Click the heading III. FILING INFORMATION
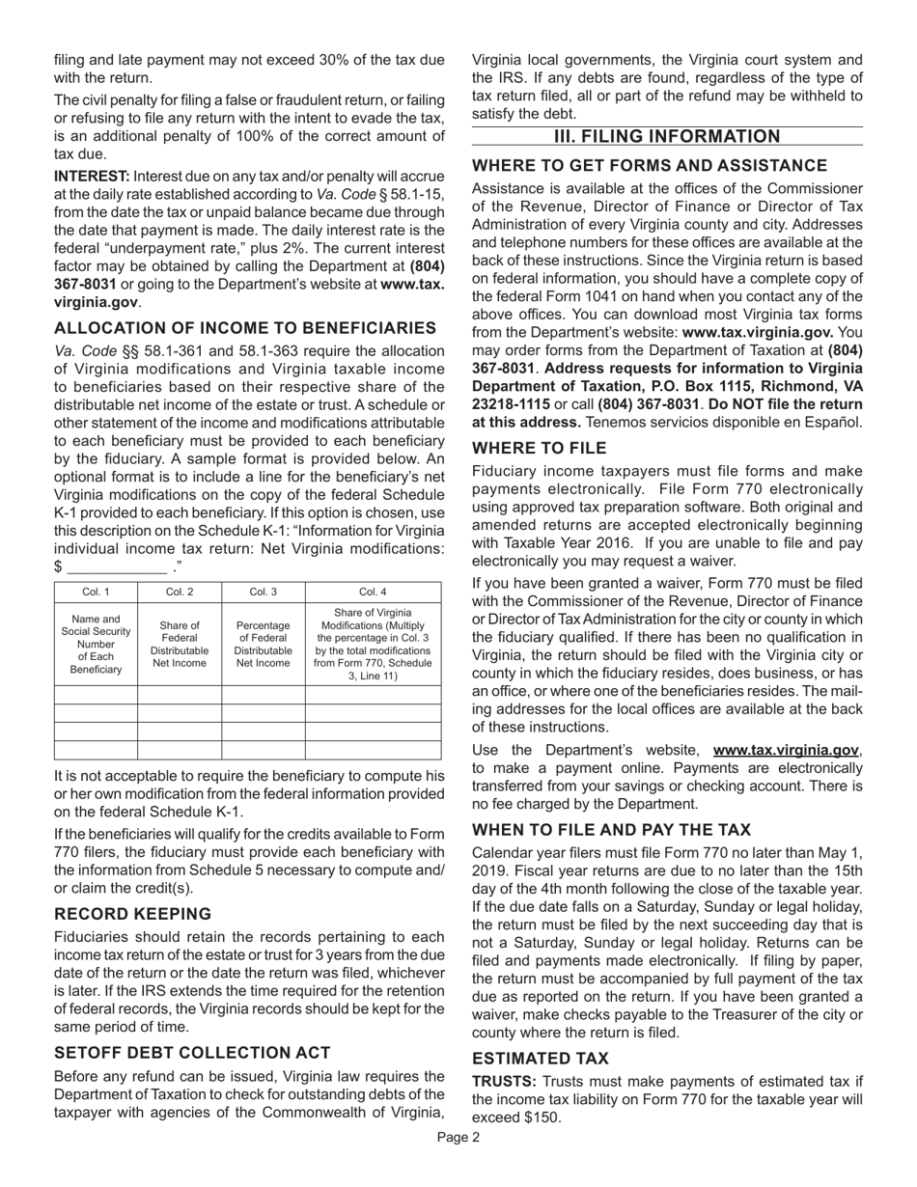[x=667, y=137]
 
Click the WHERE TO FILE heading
[x=540, y=448]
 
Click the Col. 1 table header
[x=96, y=592]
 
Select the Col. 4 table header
[x=373, y=592]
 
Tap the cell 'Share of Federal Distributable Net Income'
[x=180, y=644]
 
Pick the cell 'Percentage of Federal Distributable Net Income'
[x=263, y=644]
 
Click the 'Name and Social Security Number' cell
[x=96, y=644]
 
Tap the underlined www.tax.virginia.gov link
[x=786, y=750]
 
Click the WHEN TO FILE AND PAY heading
[x=611, y=830]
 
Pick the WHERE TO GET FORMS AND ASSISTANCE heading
[x=649, y=165]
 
